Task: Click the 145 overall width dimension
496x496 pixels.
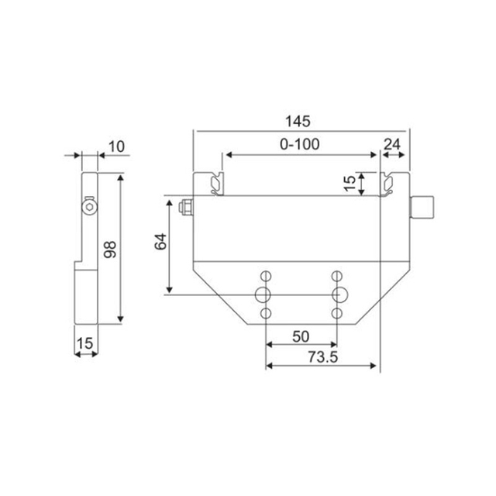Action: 298,121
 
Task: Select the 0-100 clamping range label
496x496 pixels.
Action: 299,143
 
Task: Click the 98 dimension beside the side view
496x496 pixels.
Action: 109,250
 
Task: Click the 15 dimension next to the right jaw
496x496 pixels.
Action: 350,183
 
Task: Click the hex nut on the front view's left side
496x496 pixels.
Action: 185,207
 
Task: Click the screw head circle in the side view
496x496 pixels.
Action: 90,208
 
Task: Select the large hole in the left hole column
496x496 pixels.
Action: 265,294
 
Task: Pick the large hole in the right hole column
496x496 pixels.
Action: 338,294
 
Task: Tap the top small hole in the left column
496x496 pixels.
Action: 265,275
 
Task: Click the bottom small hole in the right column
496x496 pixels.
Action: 338,312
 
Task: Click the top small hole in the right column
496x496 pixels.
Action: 338,275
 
